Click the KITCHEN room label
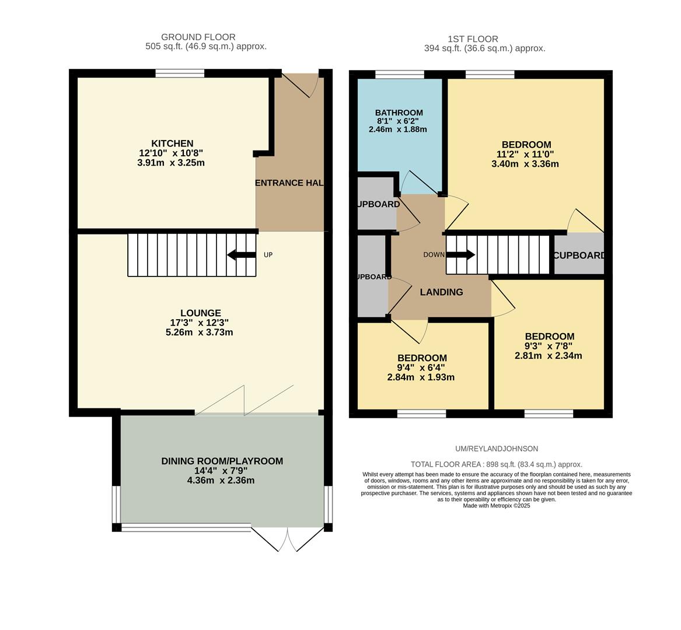172,143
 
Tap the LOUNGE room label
200,313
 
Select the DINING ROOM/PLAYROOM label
222,461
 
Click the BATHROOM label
399,113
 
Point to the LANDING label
441,292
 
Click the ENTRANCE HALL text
289,183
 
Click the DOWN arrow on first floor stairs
461,255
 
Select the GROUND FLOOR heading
198,37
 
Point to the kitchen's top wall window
180,73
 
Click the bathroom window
399,74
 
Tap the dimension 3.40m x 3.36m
525,164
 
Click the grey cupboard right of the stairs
578,255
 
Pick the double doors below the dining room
287,539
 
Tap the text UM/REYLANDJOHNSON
497,449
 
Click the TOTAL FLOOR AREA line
497,464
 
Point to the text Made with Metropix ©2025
497,506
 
